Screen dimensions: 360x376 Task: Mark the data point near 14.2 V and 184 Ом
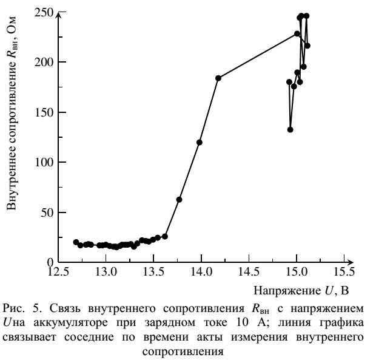(x=218, y=78)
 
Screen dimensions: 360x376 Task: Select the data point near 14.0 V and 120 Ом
(x=200, y=142)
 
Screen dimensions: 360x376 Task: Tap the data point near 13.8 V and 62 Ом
(x=180, y=200)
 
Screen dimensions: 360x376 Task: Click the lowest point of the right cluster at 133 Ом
(x=290, y=129)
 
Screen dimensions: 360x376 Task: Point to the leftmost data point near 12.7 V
(x=76, y=242)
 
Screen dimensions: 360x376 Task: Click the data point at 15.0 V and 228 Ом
(x=297, y=34)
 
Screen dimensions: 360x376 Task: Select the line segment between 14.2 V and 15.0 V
(x=258, y=56)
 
